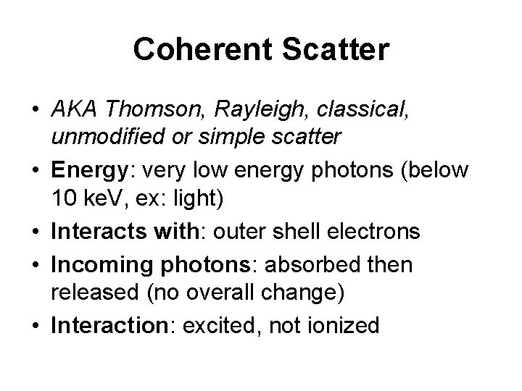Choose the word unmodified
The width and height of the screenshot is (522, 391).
(x=109, y=136)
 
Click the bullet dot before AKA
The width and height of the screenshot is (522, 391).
(x=35, y=110)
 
